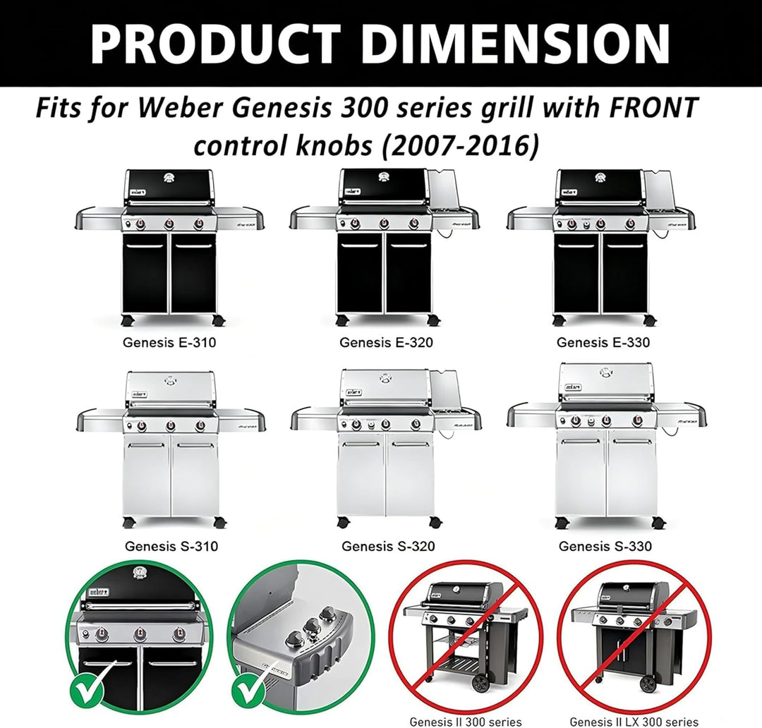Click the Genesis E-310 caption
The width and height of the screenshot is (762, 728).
[169, 343]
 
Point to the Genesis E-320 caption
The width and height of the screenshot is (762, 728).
[386, 343]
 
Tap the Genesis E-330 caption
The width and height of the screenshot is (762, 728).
[603, 343]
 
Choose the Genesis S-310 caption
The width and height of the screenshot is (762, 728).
[171, 546]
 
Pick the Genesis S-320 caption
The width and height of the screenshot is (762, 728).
[388, 546]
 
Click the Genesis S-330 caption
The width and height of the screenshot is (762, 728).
[605, 546]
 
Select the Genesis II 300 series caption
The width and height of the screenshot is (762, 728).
[466, 722]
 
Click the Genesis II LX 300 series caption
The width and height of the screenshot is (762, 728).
[634, 722]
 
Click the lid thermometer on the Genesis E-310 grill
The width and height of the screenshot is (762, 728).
[169, 178]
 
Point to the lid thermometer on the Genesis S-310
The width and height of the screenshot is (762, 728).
[170, 380]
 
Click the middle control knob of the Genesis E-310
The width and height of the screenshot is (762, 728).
[169, 224]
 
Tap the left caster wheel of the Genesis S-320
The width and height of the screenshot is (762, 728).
[342, 523]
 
